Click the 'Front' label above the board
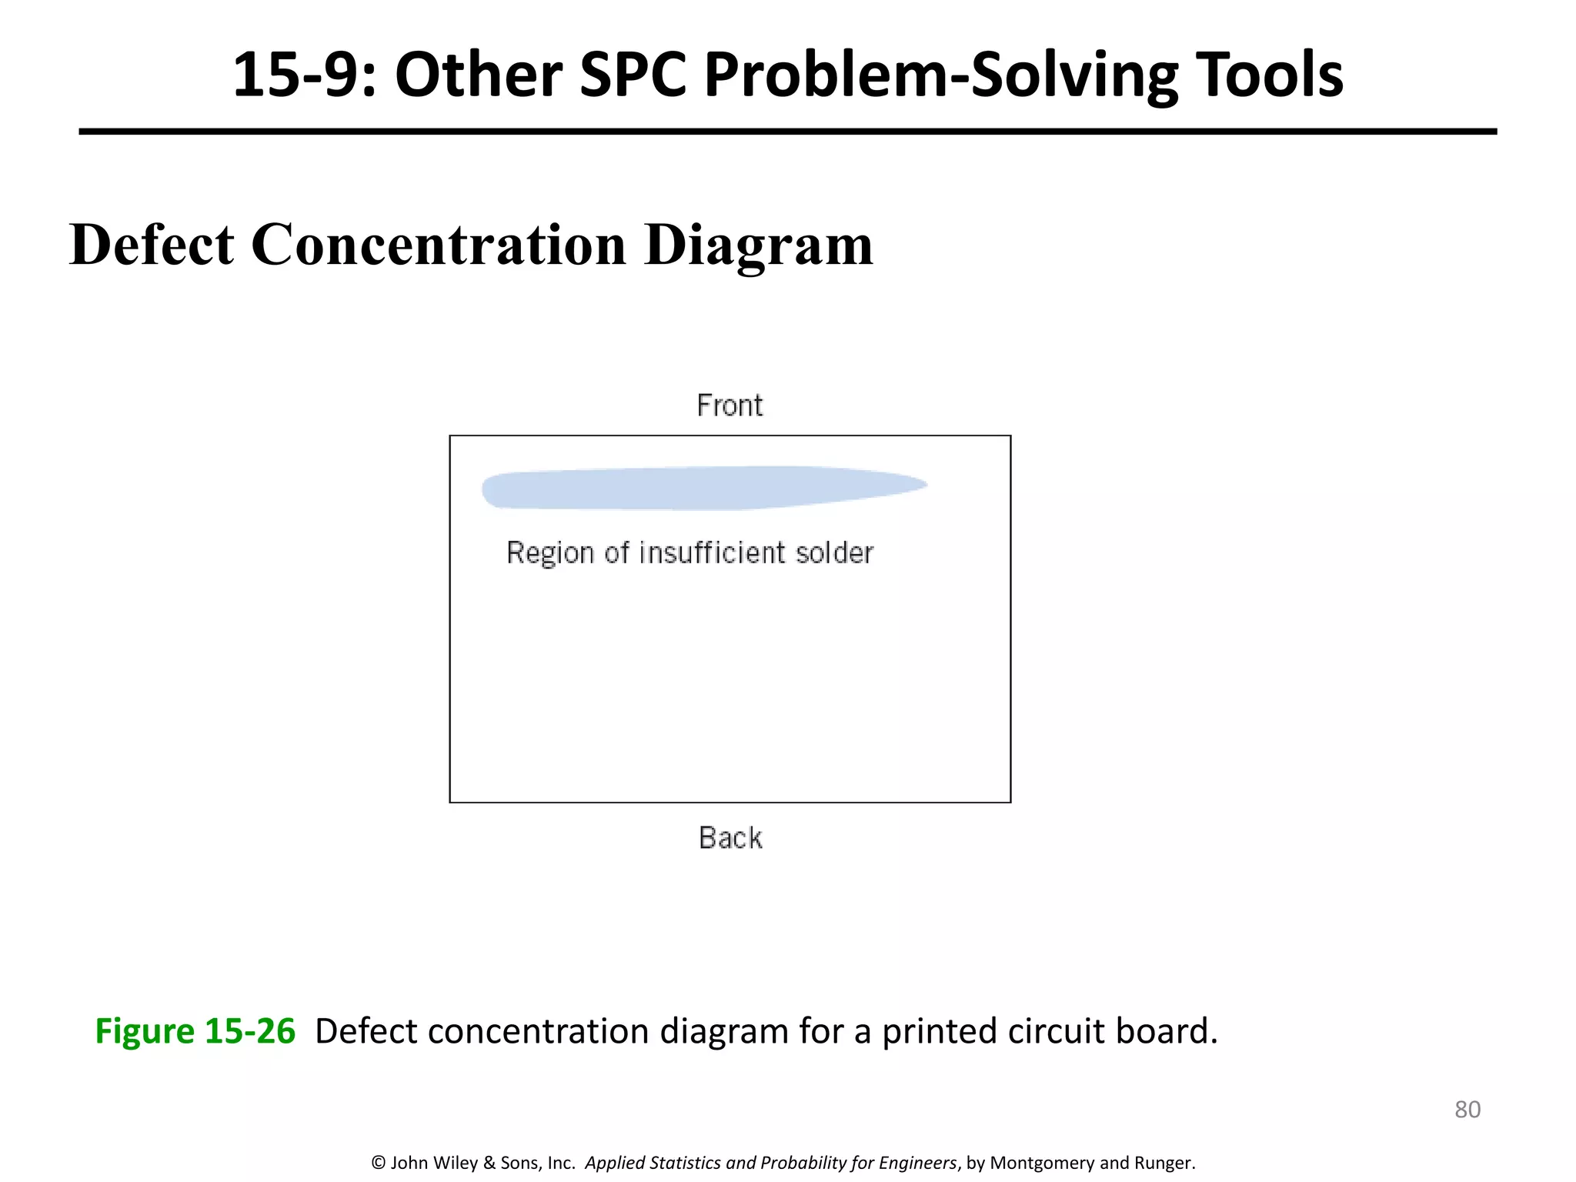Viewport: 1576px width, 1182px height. (730, 406)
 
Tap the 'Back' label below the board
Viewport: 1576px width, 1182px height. (730, 838)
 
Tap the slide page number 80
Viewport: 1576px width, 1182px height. (1467, 1110)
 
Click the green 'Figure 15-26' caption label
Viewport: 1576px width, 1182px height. (195, 1031)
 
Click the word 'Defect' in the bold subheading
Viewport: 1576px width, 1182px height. (152, 245)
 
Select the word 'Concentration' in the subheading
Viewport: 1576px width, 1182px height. (439, 245)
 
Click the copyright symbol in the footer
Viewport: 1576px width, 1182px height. (378, 1163)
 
